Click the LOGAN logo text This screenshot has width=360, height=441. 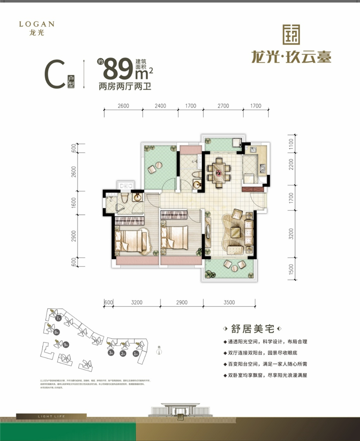click(37, 23)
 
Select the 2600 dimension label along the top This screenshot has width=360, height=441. click(123, 106)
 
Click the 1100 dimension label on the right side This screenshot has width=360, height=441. click(291, 144)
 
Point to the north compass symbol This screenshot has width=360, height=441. click(159, 351)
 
